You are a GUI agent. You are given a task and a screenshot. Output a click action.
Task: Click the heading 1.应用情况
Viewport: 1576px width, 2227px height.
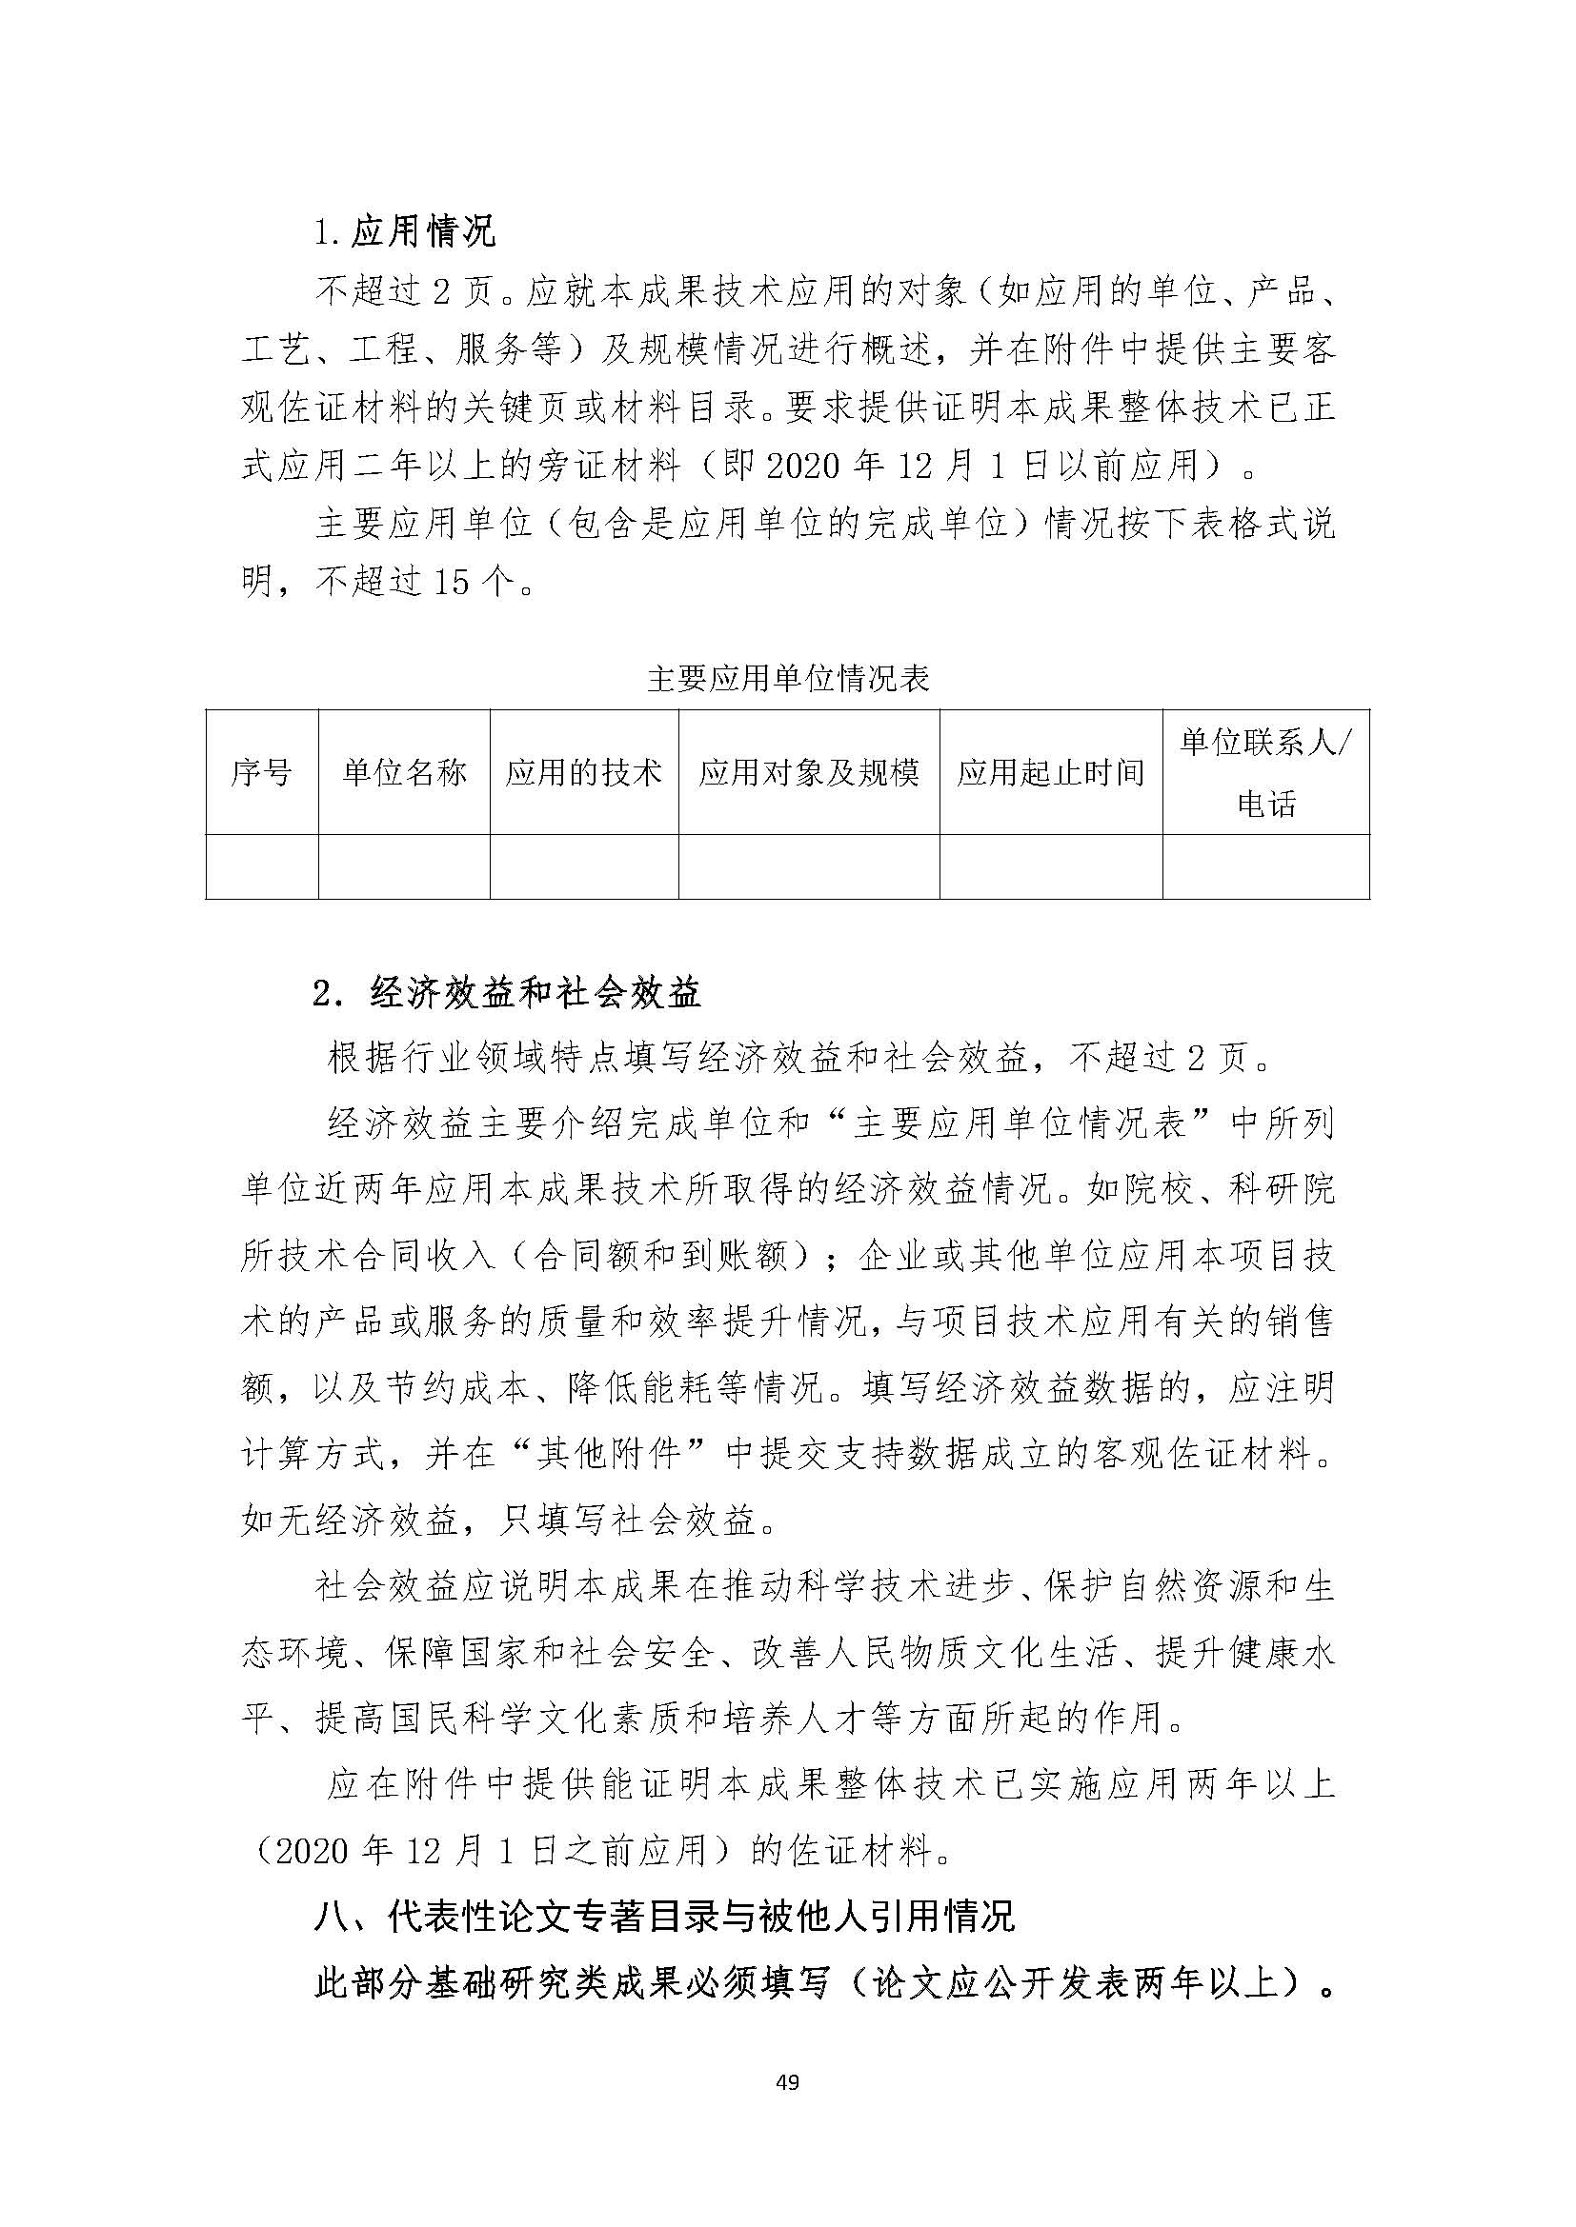click(x=405, y=231)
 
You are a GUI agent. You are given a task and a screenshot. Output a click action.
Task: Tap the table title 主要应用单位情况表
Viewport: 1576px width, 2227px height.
click(x=788, y=678)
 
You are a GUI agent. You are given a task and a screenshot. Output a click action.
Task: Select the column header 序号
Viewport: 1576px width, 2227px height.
click(x=262, y=772)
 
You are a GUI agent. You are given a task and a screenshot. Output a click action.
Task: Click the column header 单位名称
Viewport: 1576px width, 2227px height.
click(x=404, y=772)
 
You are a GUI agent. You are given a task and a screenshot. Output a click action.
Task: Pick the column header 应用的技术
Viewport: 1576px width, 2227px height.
click(x=583, y=772)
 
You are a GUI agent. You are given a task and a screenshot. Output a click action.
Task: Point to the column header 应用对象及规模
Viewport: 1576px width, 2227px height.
click(x=808, y=772)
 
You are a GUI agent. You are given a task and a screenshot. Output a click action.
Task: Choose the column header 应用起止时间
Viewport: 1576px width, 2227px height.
click(x=1051, y=772)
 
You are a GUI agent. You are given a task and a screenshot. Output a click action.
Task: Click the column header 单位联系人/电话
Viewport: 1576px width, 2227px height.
click(x=1265, y=772)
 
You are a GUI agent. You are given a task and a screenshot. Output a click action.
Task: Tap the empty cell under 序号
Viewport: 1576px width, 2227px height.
click(x=262, y=866)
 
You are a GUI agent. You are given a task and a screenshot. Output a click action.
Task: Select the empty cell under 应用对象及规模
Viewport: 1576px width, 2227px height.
click(x=808, y=866)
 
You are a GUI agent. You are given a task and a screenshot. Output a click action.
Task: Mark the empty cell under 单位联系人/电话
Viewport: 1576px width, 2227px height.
click(x=1265, y=866)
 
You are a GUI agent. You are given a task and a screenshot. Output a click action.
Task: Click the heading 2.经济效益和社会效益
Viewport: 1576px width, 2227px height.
click(x=507, y=993)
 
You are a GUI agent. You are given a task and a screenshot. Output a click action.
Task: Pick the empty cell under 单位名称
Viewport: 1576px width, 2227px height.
click(x=404, y=866)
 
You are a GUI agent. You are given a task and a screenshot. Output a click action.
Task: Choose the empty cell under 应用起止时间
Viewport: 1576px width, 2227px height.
click(x=1051, y=866)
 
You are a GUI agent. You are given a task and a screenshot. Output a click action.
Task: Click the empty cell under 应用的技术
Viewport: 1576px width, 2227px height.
click(x=583, y=866)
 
